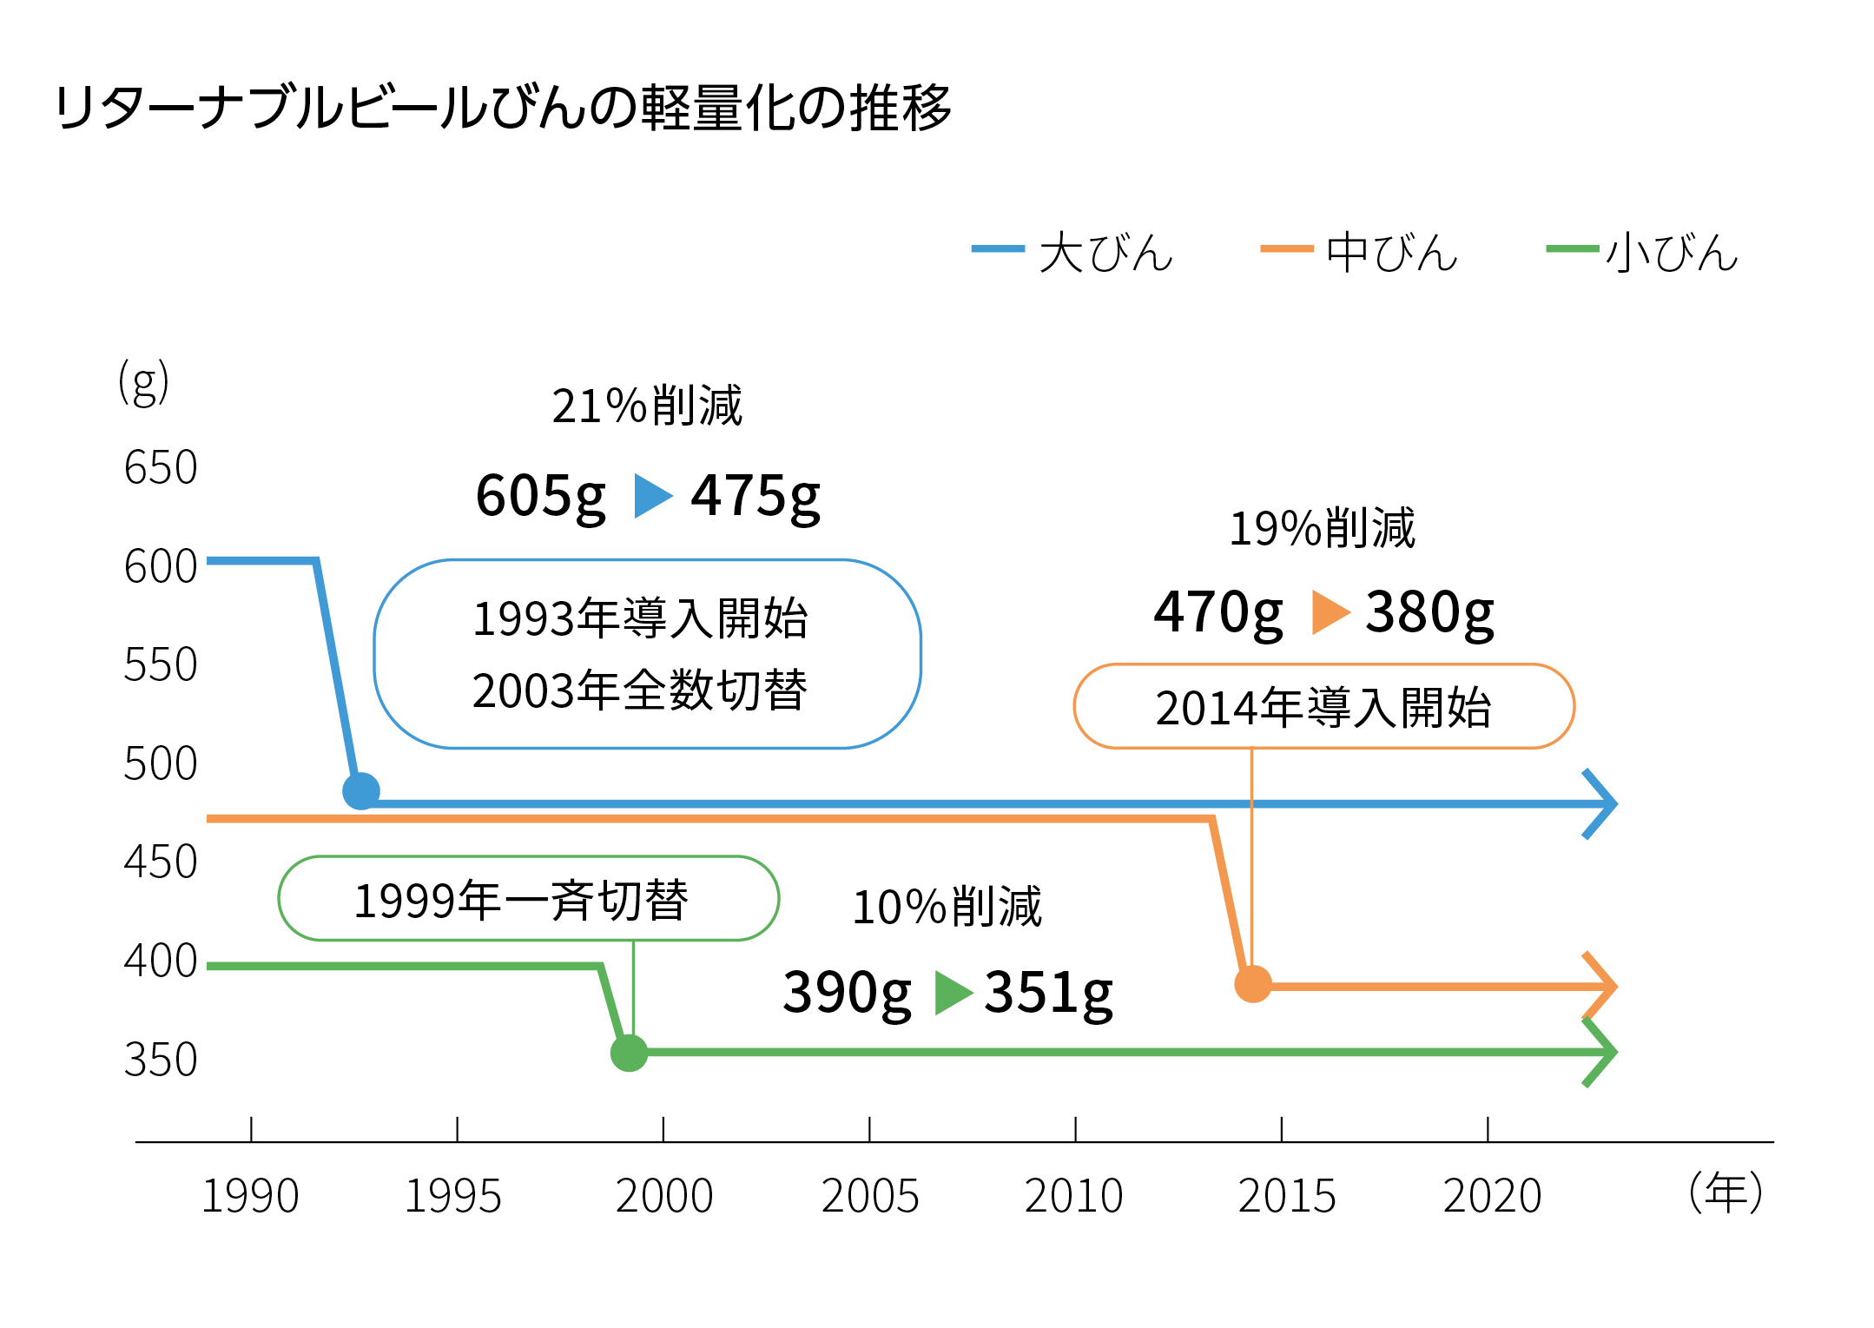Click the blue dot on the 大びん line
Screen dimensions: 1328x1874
pyautogui.click(x=361, y=791)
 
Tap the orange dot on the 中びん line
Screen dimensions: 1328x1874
pyautogui.click(x=1252, y=984)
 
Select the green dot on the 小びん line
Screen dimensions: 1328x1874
pyautogui.click(x=629, y=1053)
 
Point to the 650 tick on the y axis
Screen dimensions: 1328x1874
pyautogui.click(x=161, y=467)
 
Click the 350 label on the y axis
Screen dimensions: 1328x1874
pyautogui.click(x=161, y=1060)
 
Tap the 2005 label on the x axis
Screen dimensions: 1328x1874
pyautogui.click(x=869, y=1196)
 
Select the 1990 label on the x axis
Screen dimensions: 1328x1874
pyautogui.click(x=250, y=1196)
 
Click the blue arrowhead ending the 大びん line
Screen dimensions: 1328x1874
pyautogui.click(x=1603, y=804)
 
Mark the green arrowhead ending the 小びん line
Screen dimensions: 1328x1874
pyautogui.click(x=1603, y=1053)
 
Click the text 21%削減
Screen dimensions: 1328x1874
pyautogui.click(x=647, y=406)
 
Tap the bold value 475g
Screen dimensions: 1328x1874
pyautogui.click(x=755, y=496)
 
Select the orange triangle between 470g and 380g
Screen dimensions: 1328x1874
pyautogui.click(x=1329, y=612)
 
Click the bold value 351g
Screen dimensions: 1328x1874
pyautogui.click(x=1048, y=992)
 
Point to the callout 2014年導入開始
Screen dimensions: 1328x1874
pyautogui.click(x=1323, y=707)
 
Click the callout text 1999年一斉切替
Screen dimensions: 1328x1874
pyautogui.click(x=521, y=900)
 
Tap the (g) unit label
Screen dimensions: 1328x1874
pyautogui.click(x=143, y=383)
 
